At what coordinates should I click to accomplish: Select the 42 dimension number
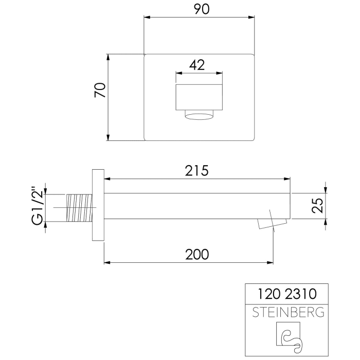[197, 65]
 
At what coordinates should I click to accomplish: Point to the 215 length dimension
[197, 171]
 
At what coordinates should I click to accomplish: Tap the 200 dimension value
[197, 254]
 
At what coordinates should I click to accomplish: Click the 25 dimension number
[318, 206]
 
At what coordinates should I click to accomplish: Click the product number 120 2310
[285, 295]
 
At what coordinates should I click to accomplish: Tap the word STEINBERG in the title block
[285, 312]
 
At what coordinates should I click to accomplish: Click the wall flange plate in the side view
[98, 205]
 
